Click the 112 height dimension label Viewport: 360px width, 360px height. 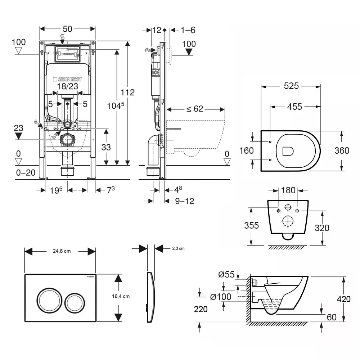[x=127, y=93]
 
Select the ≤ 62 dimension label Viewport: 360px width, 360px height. [x=195, y=108]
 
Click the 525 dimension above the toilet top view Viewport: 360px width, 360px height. [x=291, y=86]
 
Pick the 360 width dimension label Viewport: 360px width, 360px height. [x=342, y=150]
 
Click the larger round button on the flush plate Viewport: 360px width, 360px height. [x=48, y=298]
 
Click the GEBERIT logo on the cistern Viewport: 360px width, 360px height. [x=67, y=79]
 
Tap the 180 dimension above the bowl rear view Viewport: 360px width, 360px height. [x=288, y=190]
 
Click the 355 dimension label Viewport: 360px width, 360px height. [x=251, y=225]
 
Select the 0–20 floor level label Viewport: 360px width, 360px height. [x=26, y=173]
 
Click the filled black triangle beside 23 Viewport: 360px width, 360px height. [x=19, y=136]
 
